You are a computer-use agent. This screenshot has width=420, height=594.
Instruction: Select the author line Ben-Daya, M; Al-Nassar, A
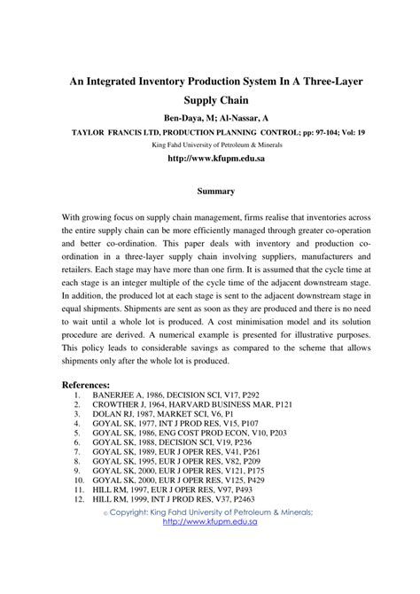click(x=210, y=117)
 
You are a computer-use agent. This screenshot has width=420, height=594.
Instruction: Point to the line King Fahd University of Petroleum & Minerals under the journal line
click(x=210, y=143)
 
